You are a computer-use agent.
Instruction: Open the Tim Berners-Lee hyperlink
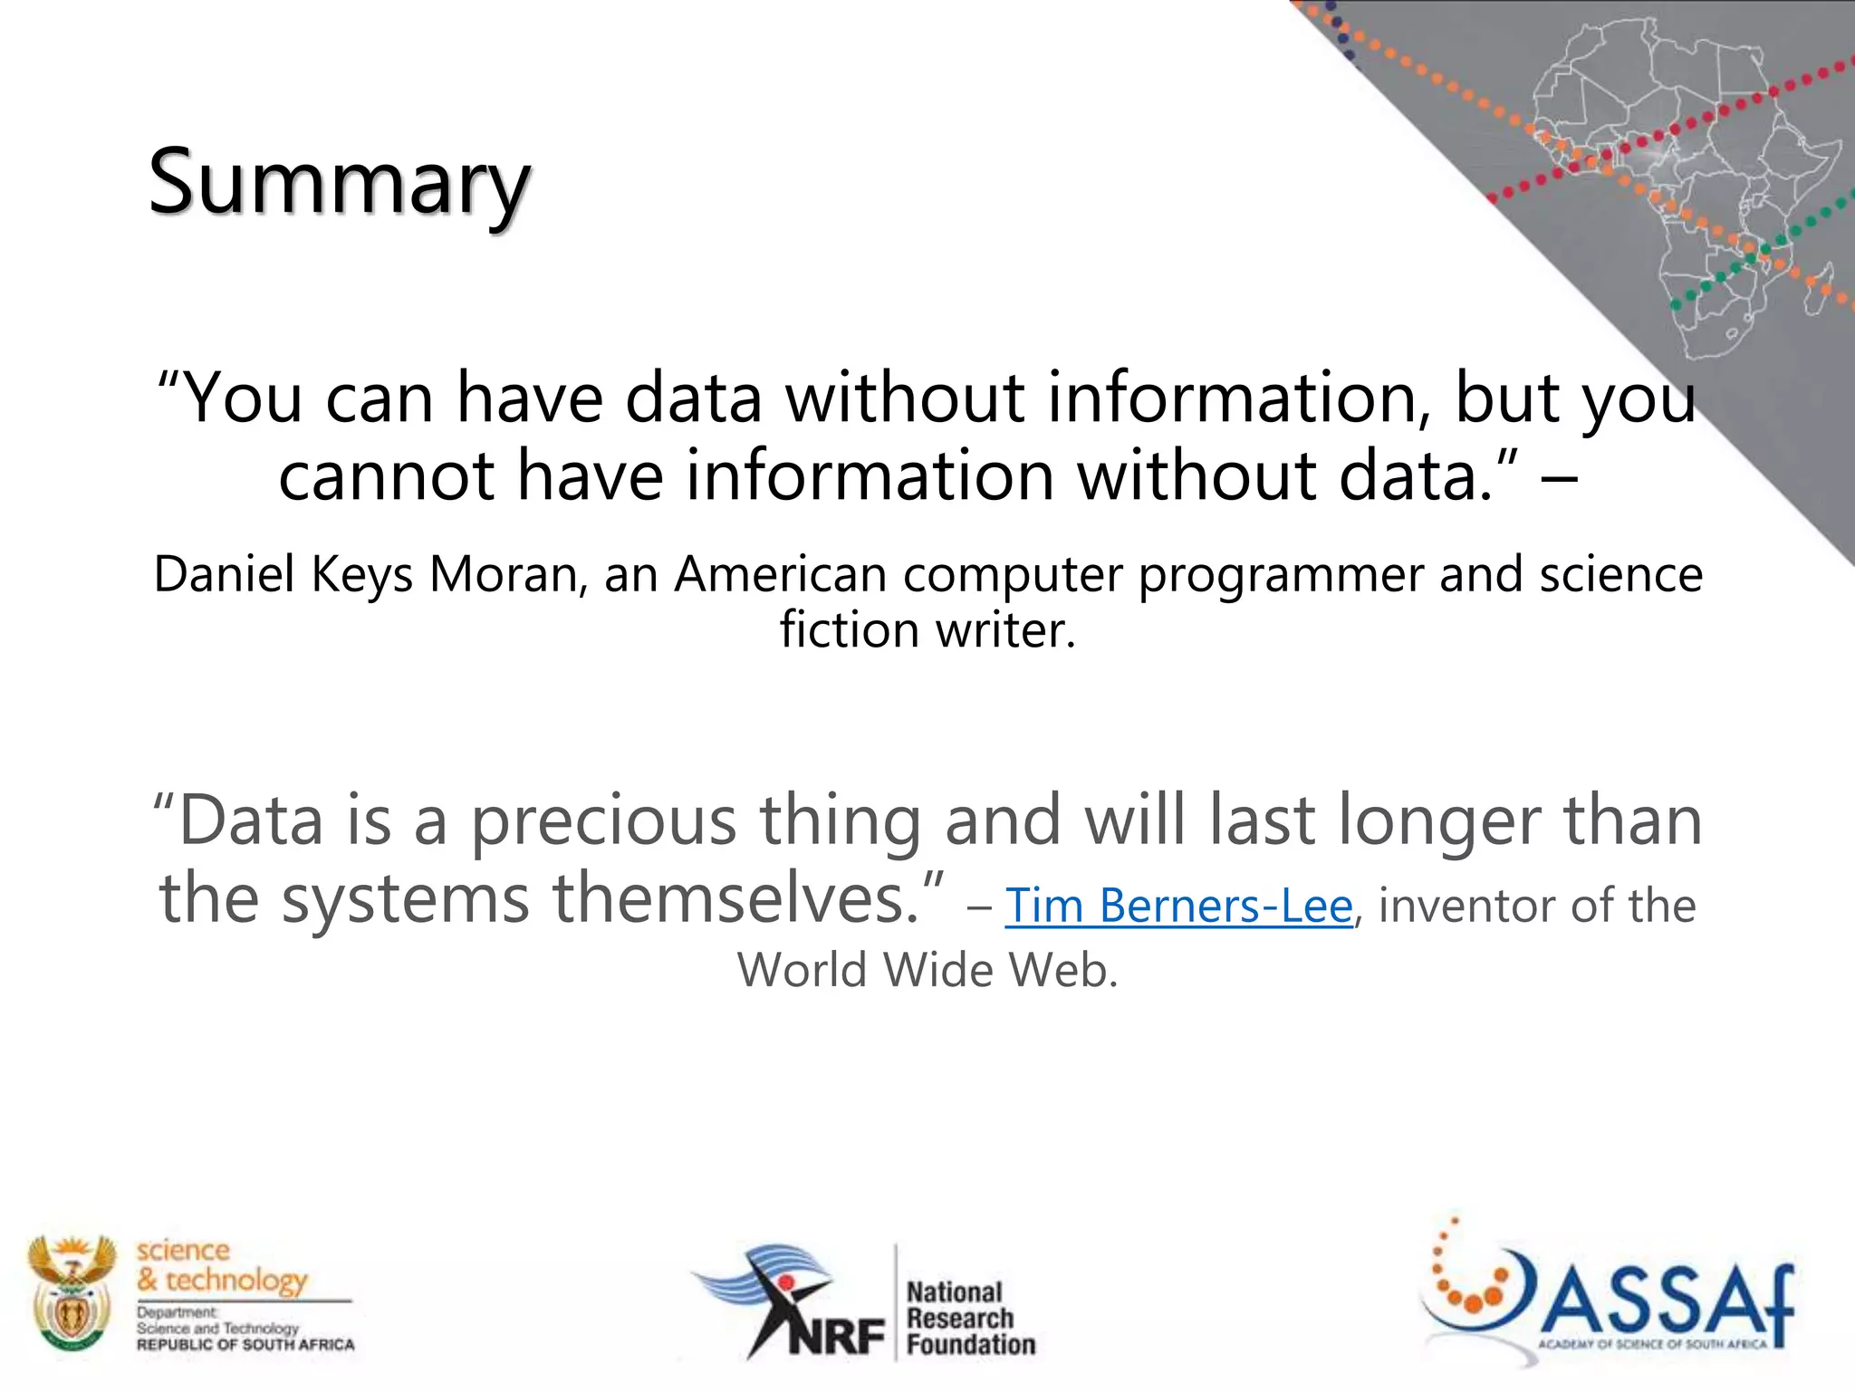[x=1178, y=906]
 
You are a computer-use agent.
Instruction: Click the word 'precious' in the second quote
[x=603, y=820]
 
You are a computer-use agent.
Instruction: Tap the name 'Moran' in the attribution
[x=503, y=574]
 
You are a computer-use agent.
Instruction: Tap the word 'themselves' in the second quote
[x=735, y=898]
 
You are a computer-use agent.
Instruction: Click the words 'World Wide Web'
[x=927, y=970]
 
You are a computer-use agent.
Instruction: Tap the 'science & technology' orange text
[x=223, y=1265]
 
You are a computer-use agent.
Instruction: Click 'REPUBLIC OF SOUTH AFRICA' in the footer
[x=245, y=1345]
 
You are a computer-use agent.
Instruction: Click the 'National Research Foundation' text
[x=970, y=1318]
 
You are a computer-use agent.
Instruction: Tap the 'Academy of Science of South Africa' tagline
[x=1652, y=1344]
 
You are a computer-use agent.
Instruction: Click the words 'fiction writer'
[x=927, y=629]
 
